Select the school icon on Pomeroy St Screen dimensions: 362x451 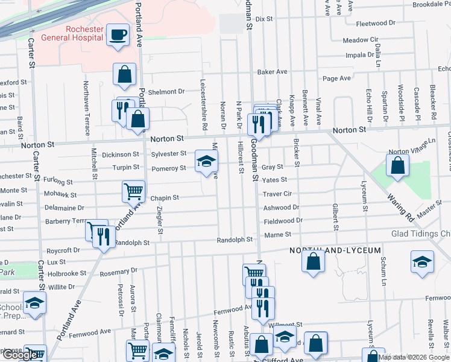point(205,161)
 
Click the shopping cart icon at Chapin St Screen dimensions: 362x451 point(133,191)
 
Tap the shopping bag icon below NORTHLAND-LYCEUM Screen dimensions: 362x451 point(313,261)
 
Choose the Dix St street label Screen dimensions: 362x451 point(264,19)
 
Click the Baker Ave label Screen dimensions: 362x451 point(272,72)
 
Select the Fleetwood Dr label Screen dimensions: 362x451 point(375,24)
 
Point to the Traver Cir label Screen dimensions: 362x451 point(277,194)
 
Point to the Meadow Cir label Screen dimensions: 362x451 point(360,40)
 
